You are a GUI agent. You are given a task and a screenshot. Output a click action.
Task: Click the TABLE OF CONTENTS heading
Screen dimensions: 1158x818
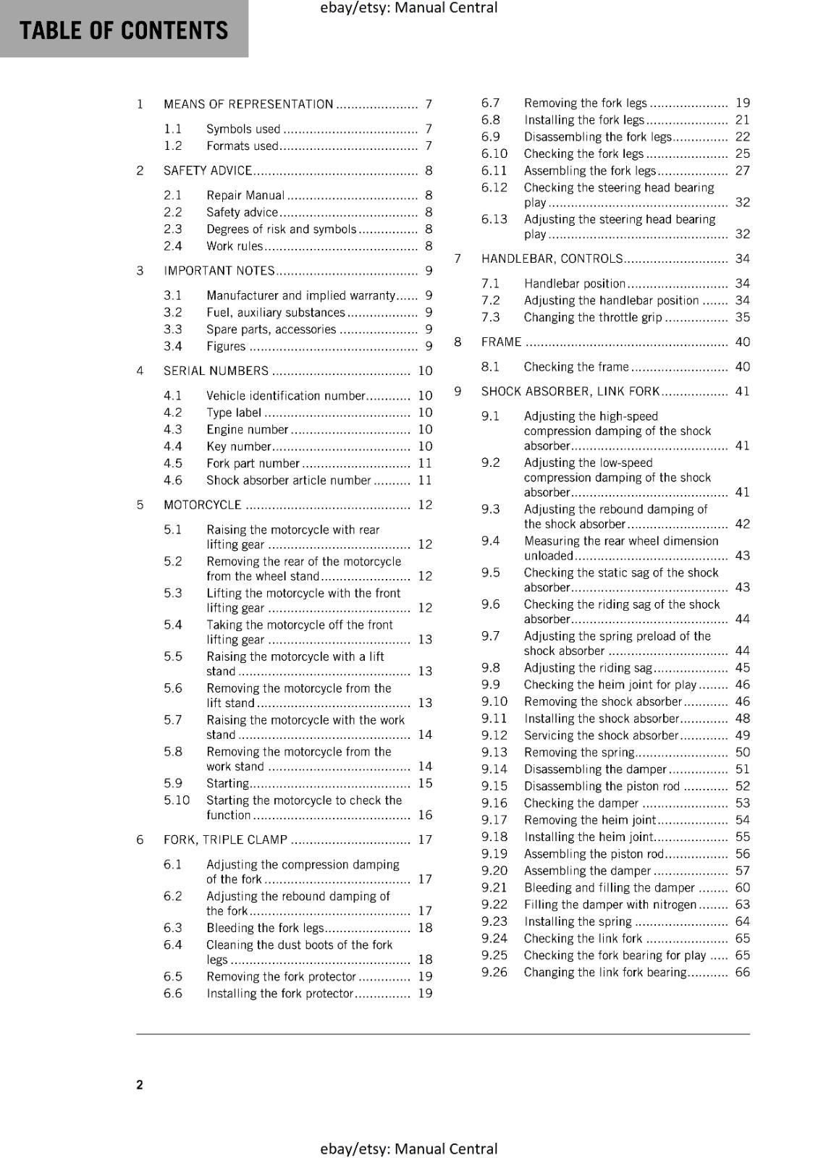123,30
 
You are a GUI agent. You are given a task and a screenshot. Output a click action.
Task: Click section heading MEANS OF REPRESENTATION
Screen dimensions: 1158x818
248,104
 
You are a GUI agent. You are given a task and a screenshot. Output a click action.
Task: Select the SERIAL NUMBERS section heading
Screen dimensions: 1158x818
216,371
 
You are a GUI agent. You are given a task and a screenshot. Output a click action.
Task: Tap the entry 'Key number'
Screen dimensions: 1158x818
238,447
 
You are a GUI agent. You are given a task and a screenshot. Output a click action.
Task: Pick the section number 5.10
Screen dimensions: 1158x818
177,800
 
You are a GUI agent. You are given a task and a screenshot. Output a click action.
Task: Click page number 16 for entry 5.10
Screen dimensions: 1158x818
425,816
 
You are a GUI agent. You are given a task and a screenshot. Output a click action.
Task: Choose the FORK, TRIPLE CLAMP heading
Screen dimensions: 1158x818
225,840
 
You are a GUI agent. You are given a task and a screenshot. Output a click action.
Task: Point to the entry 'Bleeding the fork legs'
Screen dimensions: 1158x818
265,929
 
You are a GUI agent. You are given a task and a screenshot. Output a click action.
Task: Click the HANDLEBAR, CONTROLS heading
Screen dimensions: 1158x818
552,259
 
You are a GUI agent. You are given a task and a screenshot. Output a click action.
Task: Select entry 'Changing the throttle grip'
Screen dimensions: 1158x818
593,318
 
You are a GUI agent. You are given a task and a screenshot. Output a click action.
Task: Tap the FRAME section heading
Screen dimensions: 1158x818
501,342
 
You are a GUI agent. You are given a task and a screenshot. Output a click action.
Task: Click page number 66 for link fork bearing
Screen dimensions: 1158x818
743,973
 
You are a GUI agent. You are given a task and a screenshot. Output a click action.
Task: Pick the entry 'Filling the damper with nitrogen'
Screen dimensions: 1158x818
610,905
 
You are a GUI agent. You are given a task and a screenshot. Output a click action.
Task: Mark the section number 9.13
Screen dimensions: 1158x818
494,753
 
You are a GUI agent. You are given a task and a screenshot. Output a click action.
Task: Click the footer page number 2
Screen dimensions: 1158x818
140,1084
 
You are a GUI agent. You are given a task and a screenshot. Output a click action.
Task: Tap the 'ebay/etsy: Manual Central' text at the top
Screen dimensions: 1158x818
408,8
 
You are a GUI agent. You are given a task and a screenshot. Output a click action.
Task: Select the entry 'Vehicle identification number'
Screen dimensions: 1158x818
285,396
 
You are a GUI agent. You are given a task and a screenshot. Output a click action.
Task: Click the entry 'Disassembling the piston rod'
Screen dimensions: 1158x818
602,787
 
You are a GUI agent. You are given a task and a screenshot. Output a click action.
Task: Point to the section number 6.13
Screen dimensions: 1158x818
494,219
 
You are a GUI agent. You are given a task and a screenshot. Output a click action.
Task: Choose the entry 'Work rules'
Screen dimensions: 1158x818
235,247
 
